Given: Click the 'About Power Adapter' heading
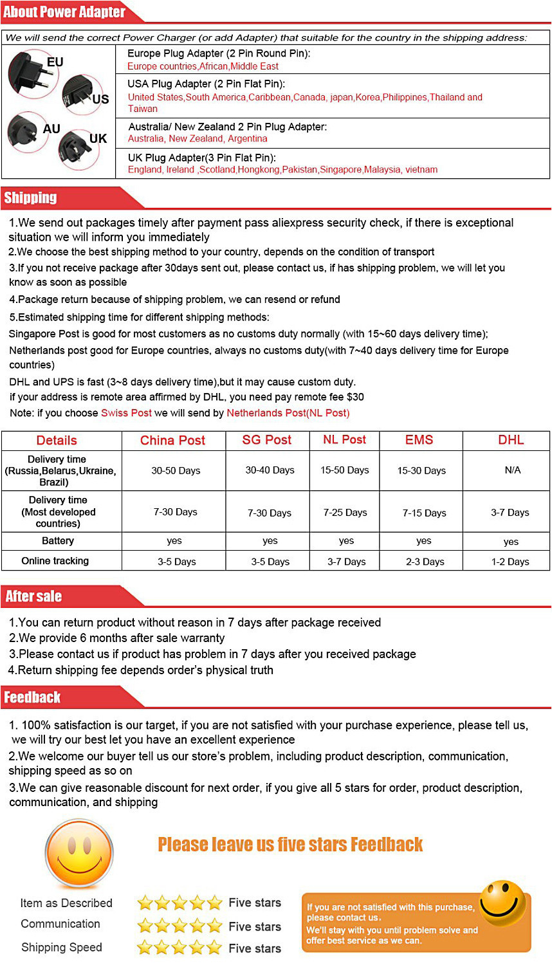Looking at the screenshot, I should (64, 12).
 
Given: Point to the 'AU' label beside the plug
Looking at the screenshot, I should (51, 129).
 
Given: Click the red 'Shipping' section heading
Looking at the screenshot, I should (30, 198).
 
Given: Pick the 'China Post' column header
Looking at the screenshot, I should (172, 440).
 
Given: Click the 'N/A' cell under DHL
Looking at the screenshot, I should (513, 470).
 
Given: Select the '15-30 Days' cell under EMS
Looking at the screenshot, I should (421, 470).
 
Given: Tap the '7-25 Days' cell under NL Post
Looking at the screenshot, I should (345, 512).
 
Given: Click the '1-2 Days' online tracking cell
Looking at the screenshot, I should (510, 562).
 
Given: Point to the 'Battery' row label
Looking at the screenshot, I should (58, 541).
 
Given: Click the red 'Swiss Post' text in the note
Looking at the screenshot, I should (126, 413).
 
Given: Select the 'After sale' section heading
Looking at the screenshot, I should (33, 596).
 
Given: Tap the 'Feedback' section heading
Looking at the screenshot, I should (32, 697).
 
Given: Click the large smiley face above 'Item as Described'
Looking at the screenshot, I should (78, 853).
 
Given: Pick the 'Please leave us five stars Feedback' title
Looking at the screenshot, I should (290, 844).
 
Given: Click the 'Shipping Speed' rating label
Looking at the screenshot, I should (62, 947).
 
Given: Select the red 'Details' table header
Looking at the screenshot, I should (57, 440).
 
